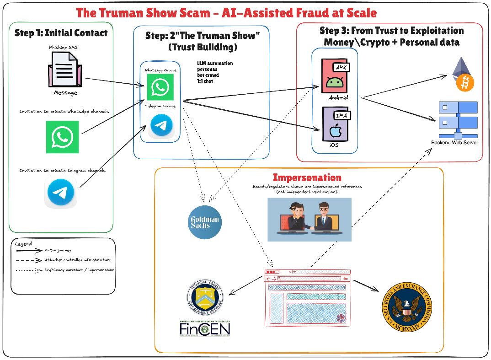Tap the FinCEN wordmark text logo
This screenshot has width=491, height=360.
click(x=205, y=329)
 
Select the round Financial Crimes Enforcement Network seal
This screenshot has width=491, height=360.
click(x=205, y=298)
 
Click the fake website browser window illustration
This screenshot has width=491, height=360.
click(x=307, y=298)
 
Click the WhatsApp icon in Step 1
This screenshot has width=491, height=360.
click(x=63, y=137)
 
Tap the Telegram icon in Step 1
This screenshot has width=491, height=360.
click(x=61, y=192)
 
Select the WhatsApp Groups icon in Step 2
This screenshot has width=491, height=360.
click(x=160, y=87)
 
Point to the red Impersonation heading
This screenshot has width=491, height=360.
click(x=307, y=177)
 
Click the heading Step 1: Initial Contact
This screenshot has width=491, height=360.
click(x=61, y=32)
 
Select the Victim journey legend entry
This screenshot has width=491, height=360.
click(x=57, y=251)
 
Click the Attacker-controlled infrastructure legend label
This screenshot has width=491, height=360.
click(x=77, y=260)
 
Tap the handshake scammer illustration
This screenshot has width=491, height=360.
click(x=310, y=219)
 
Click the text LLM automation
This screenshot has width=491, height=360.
click(x=214, y=63)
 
